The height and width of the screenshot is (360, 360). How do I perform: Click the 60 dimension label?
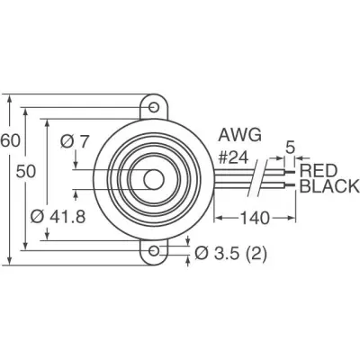coord(10,140)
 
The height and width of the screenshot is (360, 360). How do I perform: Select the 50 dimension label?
coord(26,172)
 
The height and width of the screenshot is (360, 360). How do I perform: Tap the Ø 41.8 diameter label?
coord(58,216)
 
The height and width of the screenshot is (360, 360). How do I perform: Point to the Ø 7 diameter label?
coord(75,141)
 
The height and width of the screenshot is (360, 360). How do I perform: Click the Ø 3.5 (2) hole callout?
coord(230,254)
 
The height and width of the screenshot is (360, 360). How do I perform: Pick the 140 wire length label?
coord(255,218)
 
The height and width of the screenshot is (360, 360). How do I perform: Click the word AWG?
coord(239,135)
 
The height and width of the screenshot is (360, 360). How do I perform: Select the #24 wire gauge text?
coord(234,157)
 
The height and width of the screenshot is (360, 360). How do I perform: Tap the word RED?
coord(319,171)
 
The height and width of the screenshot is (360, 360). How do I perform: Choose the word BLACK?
coord(329,186)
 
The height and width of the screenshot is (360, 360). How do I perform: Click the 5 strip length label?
coord(290,148)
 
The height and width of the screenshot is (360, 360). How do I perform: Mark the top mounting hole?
coord(154,107)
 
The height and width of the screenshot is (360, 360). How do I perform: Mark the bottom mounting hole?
coord(154,251)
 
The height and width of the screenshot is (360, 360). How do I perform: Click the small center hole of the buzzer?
coord(154,179)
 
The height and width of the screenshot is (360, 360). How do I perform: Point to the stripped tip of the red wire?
coord(290,172)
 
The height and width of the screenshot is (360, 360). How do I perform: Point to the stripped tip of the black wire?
coord(290,186)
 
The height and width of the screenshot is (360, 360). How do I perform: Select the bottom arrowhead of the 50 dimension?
coord(25,245)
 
